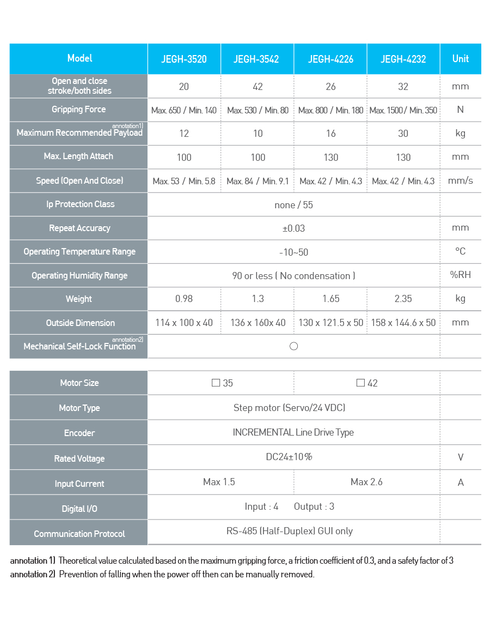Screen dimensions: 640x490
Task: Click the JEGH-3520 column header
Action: pyautogui.click(x=184, y=59)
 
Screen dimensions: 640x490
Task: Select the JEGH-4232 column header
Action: pyautogui.click(x=403, y=59)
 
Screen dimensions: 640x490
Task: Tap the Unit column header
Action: pyautogui.click(x=461, y=58)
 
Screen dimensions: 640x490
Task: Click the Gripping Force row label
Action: pyautogui.click(x=79, y=110)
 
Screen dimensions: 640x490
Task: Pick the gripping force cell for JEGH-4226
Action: pyautogui.click(x=330, y=110)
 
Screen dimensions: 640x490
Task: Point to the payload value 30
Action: pyautogui.click(x=403, y=134)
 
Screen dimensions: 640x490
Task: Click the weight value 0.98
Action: pyautogui.click(x=184, y=299)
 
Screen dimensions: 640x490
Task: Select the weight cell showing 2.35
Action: pyautogui.click(x=403, y=299)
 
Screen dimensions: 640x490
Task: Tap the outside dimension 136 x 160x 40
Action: pyautogui.click(x=258, y=323)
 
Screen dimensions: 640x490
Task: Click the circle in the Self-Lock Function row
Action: pyautogui.click(x=294, y=346)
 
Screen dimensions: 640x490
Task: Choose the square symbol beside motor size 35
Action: pyautogui.click(x=216, y=383)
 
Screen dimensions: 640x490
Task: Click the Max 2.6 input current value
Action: pyautogui.click(x=366, y=482)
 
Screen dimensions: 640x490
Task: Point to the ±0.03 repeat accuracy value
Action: pyautogui.click(x=294, y=228)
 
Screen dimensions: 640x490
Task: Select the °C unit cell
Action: pyautogui.click(x=461, y=251)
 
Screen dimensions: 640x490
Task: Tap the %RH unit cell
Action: pyautogui.click(x=461, y=275)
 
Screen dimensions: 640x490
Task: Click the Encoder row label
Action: pyautogui.click(x=79, y=433)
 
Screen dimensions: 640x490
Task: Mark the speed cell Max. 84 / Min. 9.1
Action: pyautogui.click(x=258, y=181)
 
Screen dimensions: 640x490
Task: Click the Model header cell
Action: pyautogui.click(x=79, y=58)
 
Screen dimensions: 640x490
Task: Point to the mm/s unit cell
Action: pyautogui.click(x=461, y=180)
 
